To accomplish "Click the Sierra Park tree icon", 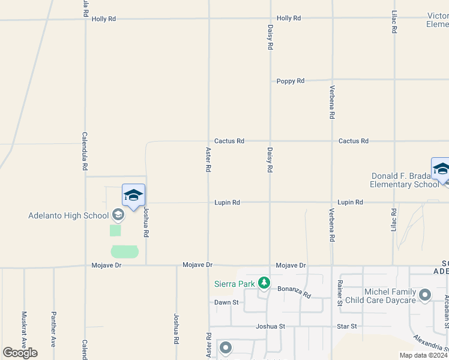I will tap(264, 283).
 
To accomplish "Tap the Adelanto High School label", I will tap(68, 215).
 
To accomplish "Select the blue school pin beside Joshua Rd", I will tap(133, 195).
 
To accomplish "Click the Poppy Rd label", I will tap(291, 81).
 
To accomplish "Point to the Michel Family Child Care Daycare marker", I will tap(426, 295).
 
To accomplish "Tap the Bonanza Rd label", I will tap(294, 292).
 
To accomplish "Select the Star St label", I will tap(347, 326).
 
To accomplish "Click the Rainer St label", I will tap(340, 292).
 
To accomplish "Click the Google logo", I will tap(20, 352).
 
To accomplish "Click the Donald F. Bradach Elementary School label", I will tap(405, 180).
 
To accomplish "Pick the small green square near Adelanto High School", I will tap(115, 230).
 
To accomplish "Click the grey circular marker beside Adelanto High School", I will tap(118, 215).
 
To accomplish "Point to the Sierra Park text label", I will tap(234, 283).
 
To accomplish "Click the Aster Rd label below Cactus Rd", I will tap(208, 160).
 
